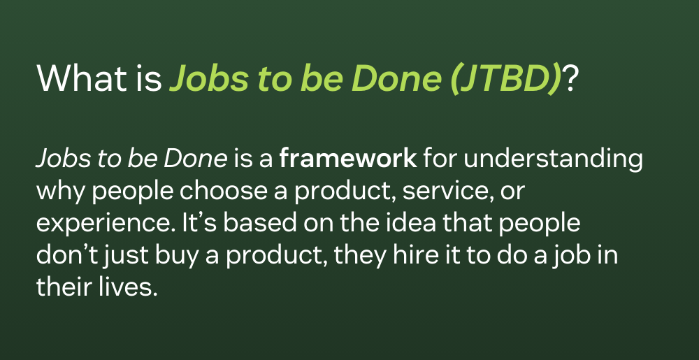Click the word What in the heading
tap(85, 78)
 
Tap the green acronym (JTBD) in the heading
tap(505, 79)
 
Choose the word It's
tap(199, 223)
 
